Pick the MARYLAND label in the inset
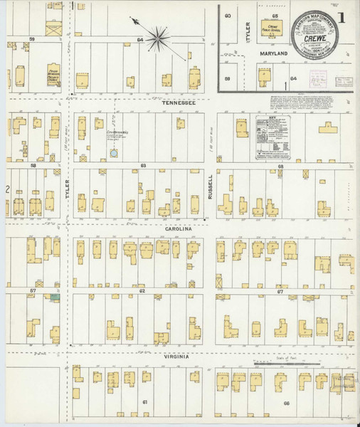pos(274,53)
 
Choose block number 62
pos(142,291)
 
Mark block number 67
pos(280,291)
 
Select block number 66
pos(286,404)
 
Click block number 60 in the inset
pos(228,15)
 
